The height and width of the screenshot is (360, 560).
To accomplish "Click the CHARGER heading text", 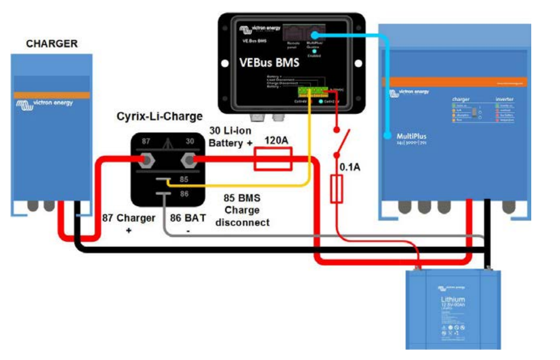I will tap(52, 44).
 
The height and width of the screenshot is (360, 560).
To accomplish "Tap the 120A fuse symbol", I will tap(273, 159).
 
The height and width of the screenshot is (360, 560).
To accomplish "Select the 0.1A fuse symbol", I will tap(337, 189).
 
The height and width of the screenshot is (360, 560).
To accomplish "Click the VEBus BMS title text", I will tap(269, 63).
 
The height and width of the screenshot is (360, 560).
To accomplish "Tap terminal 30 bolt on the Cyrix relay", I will tap(188, 159).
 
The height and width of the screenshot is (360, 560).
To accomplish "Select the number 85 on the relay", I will tap(183, 179).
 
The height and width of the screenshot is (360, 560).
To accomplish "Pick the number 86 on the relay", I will tap(183, 194).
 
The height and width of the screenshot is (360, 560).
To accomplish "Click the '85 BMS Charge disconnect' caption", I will tap(242, 210).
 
